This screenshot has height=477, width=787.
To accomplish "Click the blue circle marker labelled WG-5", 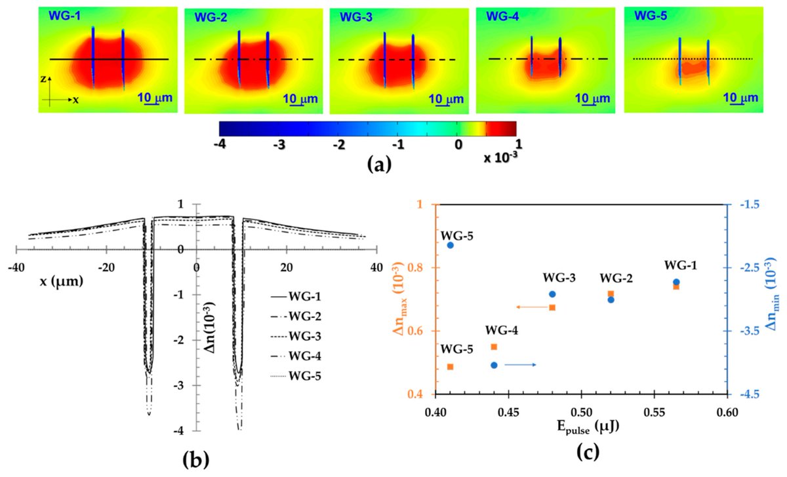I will pyautogui.click(x=451, y=245).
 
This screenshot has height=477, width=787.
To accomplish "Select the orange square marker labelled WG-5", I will pyautogui.click(x=451, y=367).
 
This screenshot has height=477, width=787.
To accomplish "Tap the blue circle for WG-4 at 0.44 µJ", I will pyautogui.click(x=494, y=365).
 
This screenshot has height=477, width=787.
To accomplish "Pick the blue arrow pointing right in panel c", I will pyautogui.click(x=524, y=364).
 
